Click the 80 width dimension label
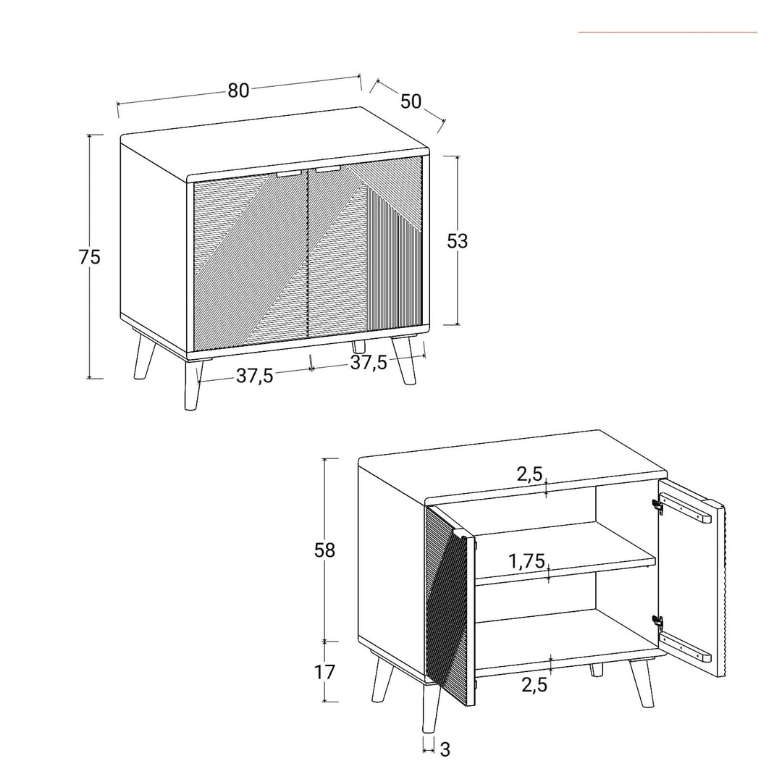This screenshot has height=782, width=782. click(x=238, y=91)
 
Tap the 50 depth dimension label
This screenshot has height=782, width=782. click(x=411, y=101)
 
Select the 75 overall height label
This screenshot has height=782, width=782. click(x=90, y=257)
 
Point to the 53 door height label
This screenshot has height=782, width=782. click(x=457, y=241)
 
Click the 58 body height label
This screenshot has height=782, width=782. click(x=325, y=550)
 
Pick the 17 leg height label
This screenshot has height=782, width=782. click(x=325, y=672)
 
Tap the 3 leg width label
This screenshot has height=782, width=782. click(x=445, y=750)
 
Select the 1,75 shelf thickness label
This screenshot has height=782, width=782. click(x=526, y=560)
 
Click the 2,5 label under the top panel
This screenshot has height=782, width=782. click(x=529, y=474)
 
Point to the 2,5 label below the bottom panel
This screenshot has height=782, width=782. click(x=534, y=685)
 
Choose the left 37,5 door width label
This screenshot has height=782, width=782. click(x=255, y=376)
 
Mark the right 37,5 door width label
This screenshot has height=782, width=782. click(x=369, y=363)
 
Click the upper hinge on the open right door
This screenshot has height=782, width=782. click(x=657, y=506)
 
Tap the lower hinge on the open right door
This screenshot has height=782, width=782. click(x=657, y=622)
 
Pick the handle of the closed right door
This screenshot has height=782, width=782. click(x=327, y=169)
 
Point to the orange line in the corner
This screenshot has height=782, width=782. click(x=667, y=32)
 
